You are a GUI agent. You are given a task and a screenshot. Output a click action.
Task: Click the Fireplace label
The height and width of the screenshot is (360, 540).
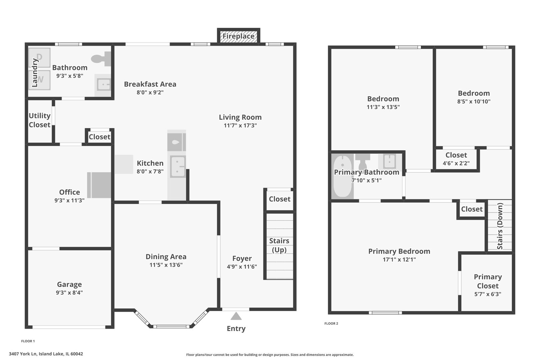point(238,36)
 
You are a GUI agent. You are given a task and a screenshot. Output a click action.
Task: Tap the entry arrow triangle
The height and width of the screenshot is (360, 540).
point(236,316)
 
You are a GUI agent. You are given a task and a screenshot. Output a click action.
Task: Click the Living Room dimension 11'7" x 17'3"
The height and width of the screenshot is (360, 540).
point(240,126)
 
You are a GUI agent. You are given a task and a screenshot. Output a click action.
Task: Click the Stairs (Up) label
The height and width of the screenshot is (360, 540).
point(279,245)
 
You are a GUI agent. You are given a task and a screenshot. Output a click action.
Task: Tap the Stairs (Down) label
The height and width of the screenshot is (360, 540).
point(500,226)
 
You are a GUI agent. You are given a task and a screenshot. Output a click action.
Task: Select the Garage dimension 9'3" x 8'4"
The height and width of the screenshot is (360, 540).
point(69,293)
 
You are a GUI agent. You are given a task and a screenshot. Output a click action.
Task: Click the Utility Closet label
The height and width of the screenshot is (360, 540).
point(39,120)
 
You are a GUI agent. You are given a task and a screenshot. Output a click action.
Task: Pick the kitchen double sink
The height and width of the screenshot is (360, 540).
point(178,166)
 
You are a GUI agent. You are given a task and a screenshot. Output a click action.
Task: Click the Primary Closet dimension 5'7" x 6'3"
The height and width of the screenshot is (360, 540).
point(488,294)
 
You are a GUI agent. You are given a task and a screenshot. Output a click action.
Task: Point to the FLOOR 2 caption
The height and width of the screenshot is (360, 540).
point(331,323)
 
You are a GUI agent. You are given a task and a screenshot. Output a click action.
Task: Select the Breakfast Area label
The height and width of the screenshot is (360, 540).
point(150,84)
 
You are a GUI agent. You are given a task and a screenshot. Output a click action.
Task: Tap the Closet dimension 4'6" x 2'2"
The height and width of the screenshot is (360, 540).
point(456,163)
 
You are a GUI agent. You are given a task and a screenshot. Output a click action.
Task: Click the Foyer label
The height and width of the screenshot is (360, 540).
point(242,258)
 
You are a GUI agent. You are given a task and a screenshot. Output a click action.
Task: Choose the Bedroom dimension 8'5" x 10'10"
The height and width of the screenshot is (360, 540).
point(474,102)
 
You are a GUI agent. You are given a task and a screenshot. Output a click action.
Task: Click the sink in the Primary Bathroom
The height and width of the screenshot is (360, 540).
point(389,161)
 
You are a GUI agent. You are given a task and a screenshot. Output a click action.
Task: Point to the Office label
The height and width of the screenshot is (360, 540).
point(69,192)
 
